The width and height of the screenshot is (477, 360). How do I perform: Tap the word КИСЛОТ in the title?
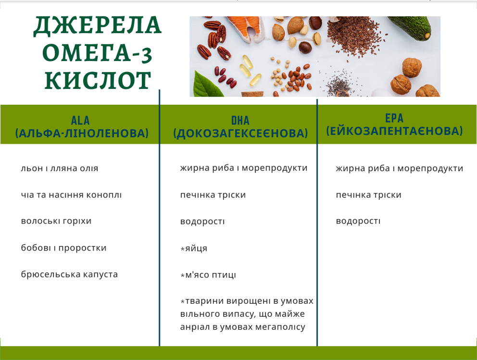[x=98, y=81]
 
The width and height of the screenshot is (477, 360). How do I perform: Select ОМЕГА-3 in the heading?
[x=98, y=53]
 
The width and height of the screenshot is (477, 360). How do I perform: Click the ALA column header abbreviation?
[x=80, y=120]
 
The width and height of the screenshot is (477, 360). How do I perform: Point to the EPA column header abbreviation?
[x=394, y=118]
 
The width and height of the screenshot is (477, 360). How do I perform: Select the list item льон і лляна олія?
[x=60, y=168]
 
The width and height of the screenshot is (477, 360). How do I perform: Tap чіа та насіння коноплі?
[x=71, y=195]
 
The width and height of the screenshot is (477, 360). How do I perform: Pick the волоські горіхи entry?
[x=56, y=221]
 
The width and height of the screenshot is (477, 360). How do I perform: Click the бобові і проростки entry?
[x=63, y=248]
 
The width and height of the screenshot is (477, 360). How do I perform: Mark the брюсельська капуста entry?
[x=69, y=274]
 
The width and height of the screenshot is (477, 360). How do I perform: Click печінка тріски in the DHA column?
[x=213, y=195]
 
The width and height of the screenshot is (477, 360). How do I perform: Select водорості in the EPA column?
[x=358, y=221]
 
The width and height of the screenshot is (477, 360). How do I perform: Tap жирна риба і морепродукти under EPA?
[x=399, y=168]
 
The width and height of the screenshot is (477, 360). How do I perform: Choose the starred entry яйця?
[x=194, y=248]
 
